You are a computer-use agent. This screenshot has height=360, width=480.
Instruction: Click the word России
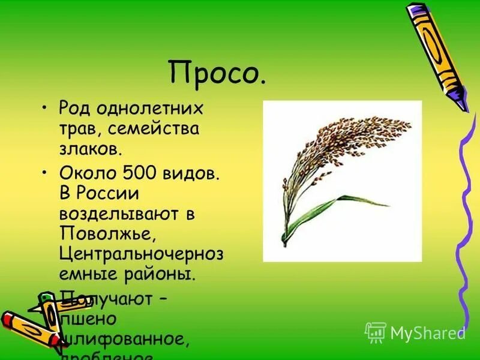click(110, 194)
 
